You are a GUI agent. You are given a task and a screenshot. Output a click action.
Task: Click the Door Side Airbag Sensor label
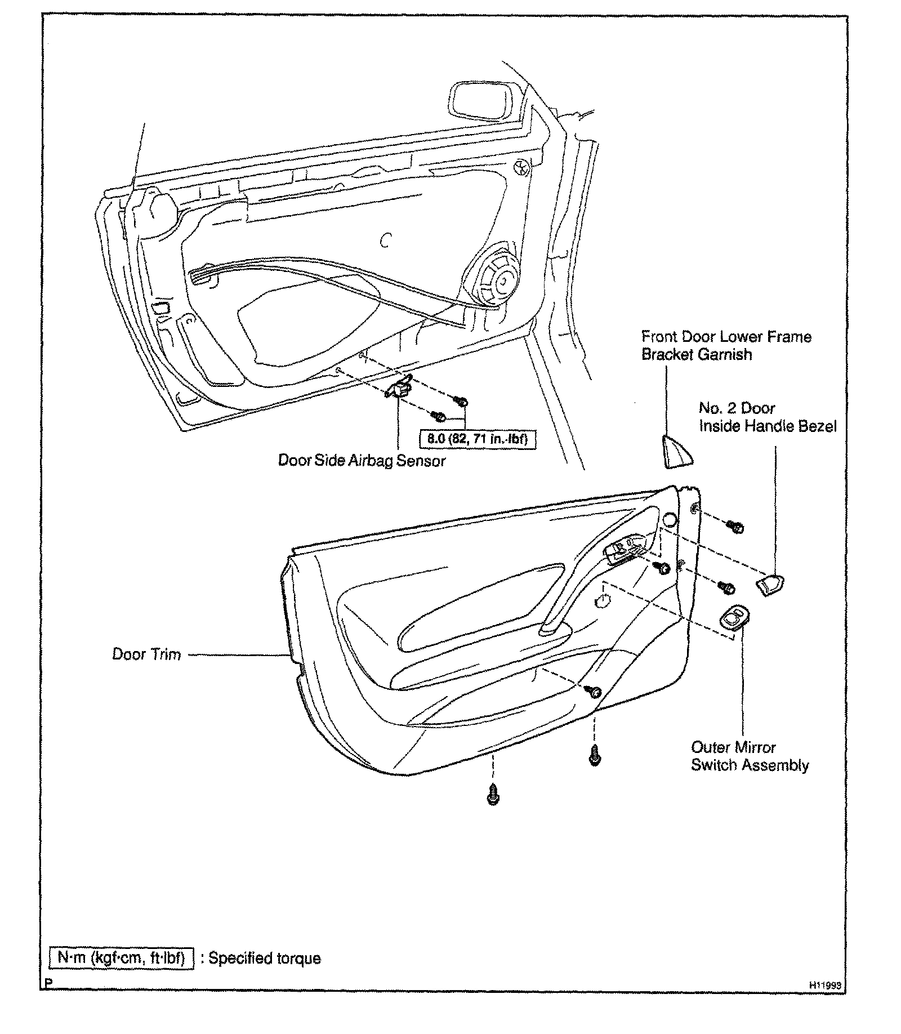pyautogui.click(x=362, y=461)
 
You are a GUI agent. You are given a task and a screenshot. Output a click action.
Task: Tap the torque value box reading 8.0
pyautogui.click(x=477, y=439)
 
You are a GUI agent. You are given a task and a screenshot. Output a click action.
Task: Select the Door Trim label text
pyautogui.click(x=146, y=654)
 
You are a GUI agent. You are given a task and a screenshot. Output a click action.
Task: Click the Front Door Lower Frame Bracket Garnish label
pyautogui.click(x=726, y=345)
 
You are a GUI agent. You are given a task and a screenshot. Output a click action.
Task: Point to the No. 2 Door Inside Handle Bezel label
pyautogui.click(x=768, y=417)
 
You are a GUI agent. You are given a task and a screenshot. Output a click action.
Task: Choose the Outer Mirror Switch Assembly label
pyautogui.click(x=750, y=756)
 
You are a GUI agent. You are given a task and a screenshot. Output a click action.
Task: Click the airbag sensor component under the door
pyautogui.click(x=400, y=388)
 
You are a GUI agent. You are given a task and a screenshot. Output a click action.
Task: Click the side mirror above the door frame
pyautogui.click(x=485, y=101)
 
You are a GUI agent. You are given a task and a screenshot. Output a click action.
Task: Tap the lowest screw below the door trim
pyautogui.click(x=493, y=794)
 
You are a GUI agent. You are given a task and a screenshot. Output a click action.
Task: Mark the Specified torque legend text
pyautogui.click(x=264, y=959)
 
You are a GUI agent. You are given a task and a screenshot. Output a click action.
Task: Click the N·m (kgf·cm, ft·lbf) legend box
pyautogui.click(x=122, y=959)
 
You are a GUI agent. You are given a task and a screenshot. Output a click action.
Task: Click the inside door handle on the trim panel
pyautogui.click(x=626, y=552)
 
